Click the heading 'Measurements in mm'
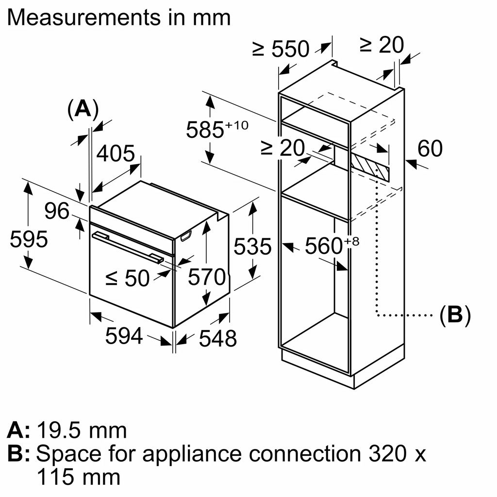(x=120, y=17)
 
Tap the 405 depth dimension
(x=116, y=154)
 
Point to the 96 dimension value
(x=57, y=211)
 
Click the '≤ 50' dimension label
(x=128, y=278)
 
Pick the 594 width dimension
(x=124, y=336)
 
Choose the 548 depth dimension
(x=217, y=338)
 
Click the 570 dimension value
(x=207, y=277)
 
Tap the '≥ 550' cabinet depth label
(x=281, y=49)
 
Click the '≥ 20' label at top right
(x=381, y=45)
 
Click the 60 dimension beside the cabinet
(x=430, y=149)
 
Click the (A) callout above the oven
(x=83, y=109)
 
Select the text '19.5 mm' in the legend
(x=82, y=430)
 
